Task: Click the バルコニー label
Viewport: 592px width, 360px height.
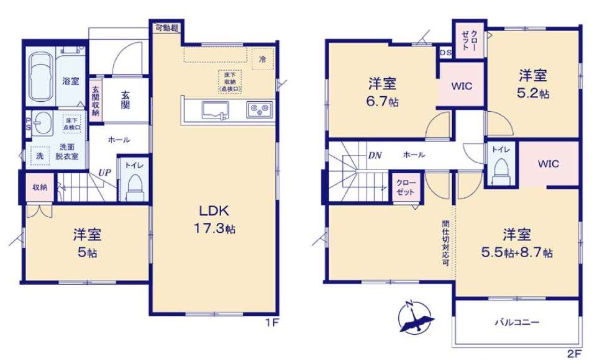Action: point(516,323)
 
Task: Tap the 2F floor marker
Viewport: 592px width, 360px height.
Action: point(575,353)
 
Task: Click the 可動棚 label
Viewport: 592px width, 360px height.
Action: point(167,27)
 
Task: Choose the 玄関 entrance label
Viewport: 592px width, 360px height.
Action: point(125,101)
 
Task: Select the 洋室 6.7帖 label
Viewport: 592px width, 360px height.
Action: point(383,92)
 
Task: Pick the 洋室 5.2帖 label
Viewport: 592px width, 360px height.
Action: point(534,84)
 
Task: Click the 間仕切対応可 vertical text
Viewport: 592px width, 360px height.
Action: point(445,242)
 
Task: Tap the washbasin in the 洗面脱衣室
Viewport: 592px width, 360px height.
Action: point(43,122)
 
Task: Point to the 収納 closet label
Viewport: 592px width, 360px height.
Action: point(40,187)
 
